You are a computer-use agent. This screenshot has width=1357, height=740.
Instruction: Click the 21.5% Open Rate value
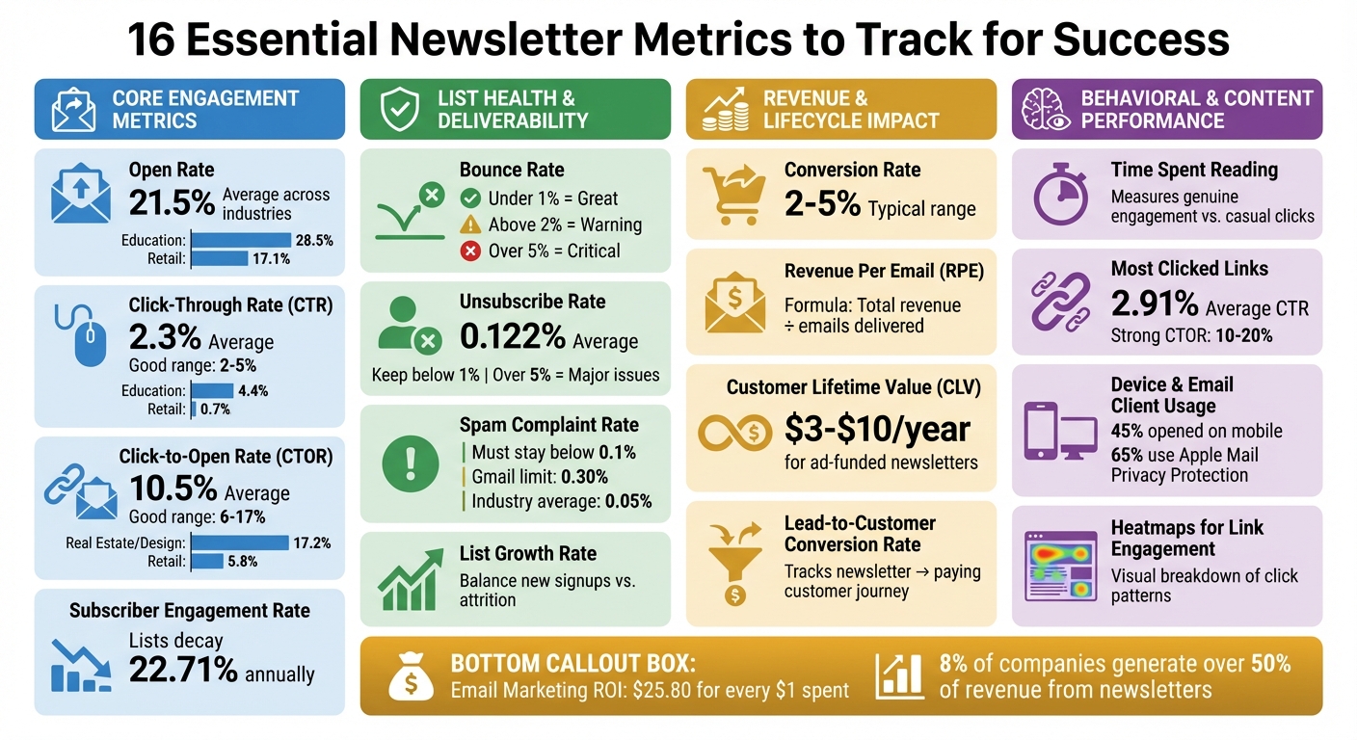(173, 203)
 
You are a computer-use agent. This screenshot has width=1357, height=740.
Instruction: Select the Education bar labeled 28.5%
(242, 240)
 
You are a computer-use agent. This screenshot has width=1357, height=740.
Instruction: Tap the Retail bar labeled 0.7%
(194, 410)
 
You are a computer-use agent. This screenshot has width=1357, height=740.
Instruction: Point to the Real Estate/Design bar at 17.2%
(241, 543)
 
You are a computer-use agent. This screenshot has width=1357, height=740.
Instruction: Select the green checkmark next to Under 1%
(470, 198)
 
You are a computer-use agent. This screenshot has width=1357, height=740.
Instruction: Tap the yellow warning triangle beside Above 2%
(470, 225)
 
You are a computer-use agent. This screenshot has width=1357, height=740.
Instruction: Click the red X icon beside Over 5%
(470, 251)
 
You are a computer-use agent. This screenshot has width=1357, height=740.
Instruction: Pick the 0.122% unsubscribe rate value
(513, 337)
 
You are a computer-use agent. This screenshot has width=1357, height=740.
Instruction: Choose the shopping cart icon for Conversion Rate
(733, 191)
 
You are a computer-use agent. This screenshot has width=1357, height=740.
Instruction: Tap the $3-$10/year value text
(877, 428)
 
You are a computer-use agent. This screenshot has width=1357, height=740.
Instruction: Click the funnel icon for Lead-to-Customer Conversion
(734, 561)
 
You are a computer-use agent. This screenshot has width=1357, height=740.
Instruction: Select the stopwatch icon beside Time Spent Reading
(1060, 192)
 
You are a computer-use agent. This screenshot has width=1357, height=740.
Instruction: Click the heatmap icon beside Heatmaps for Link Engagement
(1061, 567)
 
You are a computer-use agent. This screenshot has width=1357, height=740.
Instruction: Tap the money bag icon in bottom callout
(412, 676)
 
